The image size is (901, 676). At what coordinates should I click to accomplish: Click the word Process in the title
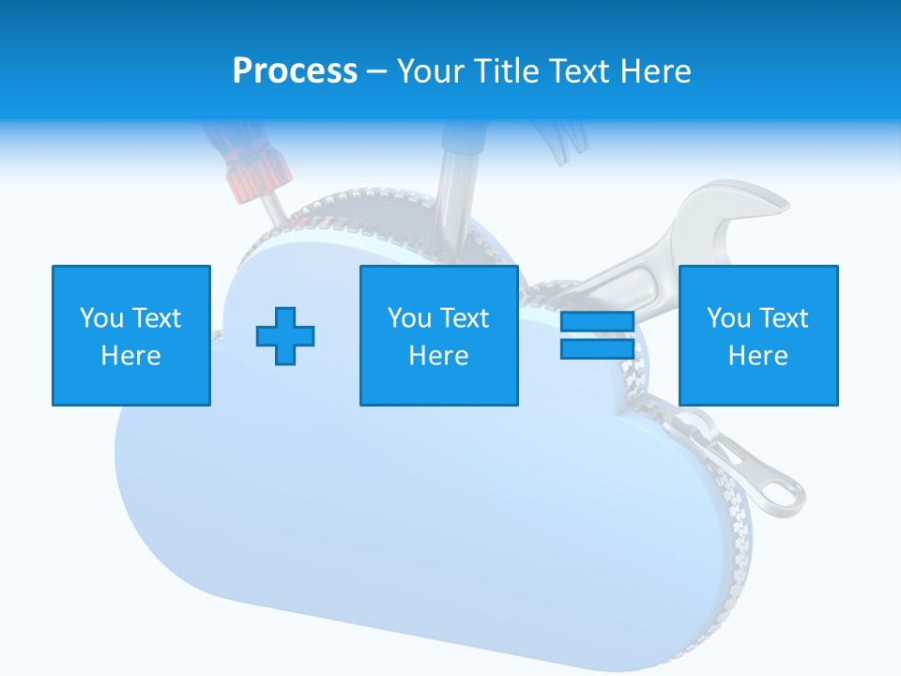(295, 71)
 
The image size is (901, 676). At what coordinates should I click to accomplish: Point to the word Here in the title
(655, 71)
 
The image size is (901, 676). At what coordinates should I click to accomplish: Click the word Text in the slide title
(577, 71)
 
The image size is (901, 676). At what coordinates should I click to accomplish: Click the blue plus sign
(285, 335)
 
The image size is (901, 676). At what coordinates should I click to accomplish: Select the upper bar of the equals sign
(597, 322)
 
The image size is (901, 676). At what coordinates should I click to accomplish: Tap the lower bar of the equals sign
(597, 348)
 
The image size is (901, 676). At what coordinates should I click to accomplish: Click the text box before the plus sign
(131, 335)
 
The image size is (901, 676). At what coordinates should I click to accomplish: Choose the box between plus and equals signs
(438, 335)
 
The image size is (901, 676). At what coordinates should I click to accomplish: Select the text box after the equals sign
(757, 335)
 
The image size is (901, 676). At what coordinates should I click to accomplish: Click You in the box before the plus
(101, 318)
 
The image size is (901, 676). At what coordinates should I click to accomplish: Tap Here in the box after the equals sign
(757, 356)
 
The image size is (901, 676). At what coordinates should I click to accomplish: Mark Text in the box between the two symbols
(466, 318)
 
